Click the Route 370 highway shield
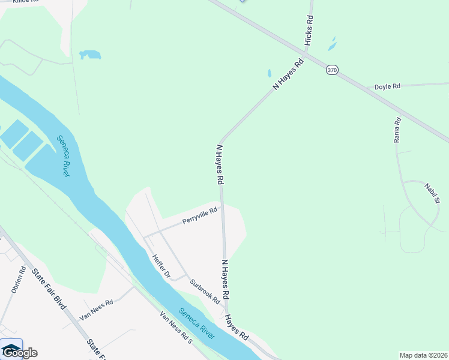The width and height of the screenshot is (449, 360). point(332,70)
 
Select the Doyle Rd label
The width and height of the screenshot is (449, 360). point(387,86)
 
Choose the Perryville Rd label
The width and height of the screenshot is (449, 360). point(199,217)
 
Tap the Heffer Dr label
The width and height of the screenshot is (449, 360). point(161,266)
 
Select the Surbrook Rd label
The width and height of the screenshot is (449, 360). point(205,291)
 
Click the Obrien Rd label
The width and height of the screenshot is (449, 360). point(18,280)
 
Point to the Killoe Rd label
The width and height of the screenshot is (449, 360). point(25,2)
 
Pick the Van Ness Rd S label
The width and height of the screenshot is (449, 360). point(175,328)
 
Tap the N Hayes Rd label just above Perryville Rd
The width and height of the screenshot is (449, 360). point(220,164)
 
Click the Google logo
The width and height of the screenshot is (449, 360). point(19,352)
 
